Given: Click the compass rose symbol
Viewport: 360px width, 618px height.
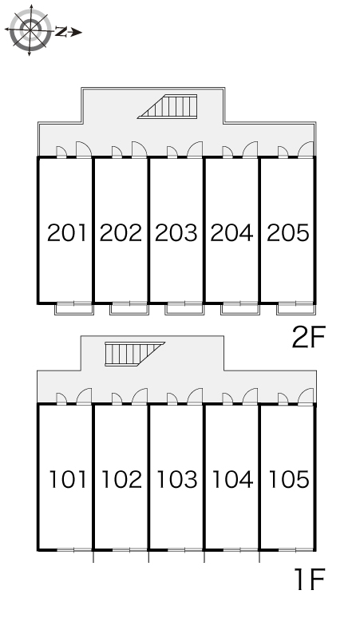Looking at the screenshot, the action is click(x=30, y=30).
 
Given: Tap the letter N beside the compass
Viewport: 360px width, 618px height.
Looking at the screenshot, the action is click(x=60, y=32).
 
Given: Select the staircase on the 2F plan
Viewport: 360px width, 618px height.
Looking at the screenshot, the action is click(x=168, y=106).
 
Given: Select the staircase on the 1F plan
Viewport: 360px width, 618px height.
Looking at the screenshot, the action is click(x=135, y=354).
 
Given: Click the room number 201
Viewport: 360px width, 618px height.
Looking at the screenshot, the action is click(x=66, y=232).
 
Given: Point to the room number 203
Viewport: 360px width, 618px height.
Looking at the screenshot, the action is click(x=176, y=232).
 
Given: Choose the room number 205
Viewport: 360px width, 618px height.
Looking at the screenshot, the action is click(x=288, y=232).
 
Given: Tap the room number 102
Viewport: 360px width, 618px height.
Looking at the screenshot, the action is click(x=121, y=479).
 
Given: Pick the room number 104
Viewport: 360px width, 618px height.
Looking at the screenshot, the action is click(x=232, y=479).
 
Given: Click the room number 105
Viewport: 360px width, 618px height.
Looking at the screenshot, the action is click(x=288, y=479).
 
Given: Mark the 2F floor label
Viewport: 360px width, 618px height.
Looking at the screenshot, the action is click(x=309, y=338).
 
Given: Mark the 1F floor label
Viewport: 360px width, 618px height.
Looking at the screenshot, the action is click(x=309, y=579).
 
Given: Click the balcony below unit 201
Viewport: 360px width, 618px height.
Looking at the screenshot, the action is click(x=74, y=309).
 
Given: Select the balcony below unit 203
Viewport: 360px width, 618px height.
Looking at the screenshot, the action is click(x=184, y=309).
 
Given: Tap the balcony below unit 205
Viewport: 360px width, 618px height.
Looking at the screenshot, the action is click(x=296, y=309).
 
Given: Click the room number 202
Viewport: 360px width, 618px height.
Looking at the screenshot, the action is click(x=121, y=232).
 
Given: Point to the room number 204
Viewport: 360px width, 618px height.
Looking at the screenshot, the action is click(x=231, y=232).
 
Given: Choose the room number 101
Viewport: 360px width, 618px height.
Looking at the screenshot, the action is click(x=67, y=479).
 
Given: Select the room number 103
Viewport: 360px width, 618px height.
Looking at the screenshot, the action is click(x=177, y=479).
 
